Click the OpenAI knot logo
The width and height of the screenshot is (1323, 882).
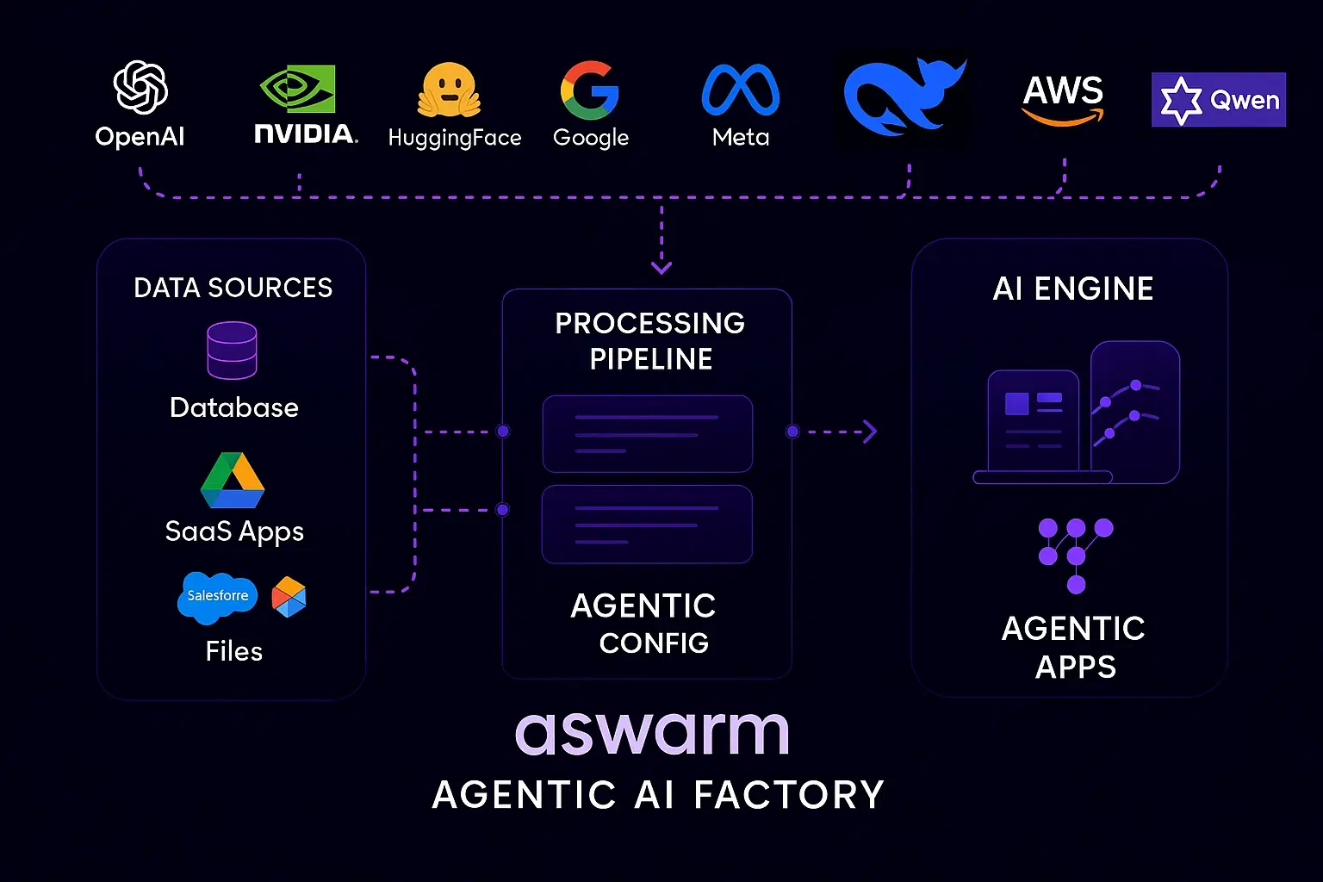(x=140, y=87)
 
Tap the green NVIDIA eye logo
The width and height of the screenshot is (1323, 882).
(x=298, y=90)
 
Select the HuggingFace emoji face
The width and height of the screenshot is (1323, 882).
(x=449, y=90)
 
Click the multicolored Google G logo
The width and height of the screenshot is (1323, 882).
(x=590, y=90)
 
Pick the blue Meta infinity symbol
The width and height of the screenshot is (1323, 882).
(x=741, y=90)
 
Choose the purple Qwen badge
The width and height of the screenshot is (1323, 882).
(x=1218, y=100)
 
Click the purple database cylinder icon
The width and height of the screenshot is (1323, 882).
(x=232, y=351)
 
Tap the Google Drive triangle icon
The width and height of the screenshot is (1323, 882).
(x=233, y=481)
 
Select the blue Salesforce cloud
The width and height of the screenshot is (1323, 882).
(x=217, y=596)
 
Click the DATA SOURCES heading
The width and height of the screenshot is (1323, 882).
(x=233, y=288)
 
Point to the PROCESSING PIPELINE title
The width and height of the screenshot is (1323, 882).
(x=650, y=340)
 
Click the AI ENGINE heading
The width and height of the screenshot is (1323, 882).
(x=1072, y=289)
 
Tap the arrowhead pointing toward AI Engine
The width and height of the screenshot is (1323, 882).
(x=870, y=432)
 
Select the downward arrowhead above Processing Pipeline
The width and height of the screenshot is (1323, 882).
(x=661, y=268)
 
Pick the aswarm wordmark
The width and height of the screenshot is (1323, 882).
(x=652, y=732)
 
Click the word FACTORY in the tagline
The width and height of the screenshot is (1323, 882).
(x=789, y=794)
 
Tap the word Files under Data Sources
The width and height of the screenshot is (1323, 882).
(x=233, y=651)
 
